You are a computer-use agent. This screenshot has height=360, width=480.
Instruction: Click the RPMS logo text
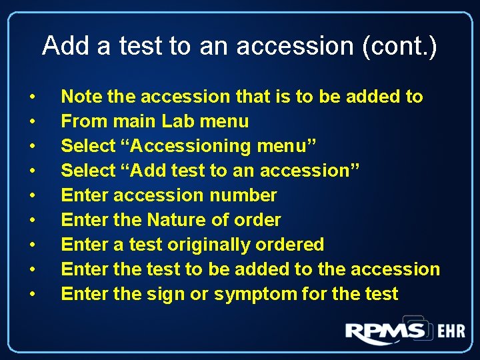pyautogui.click(x=385, y=331)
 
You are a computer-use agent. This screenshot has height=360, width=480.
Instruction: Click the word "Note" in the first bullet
pyautogui.click(x=82, y=97)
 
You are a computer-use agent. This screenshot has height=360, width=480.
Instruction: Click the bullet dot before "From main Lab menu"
pyautogui.click(x=33, y=122)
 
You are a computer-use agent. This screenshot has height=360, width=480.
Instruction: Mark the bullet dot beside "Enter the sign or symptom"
pyautogui.click(x=33, y=295)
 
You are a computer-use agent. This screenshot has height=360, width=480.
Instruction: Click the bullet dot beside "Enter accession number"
pyautogui.click(x=33, y=196)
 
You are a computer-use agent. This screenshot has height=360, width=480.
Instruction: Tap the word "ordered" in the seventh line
pyautogui.click(x=292, y=245)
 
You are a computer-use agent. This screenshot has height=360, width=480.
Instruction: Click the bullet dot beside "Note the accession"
pyautogui.click(x=33, y=97)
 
